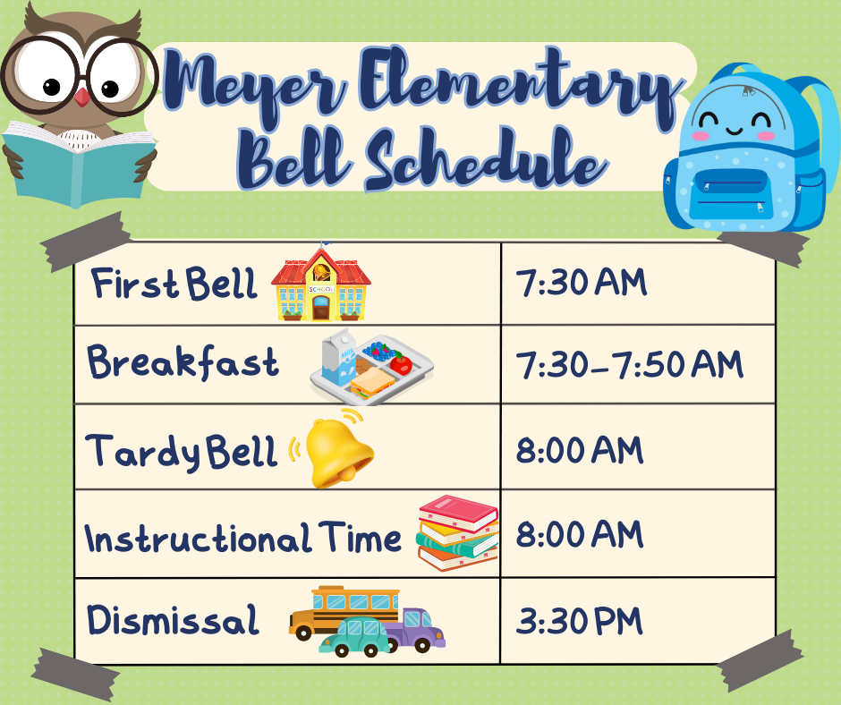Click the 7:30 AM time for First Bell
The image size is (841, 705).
(582, 283)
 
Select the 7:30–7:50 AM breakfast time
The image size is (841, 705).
(630, 365)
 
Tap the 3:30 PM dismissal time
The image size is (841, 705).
(579, 621)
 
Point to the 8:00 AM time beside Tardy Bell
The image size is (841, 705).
(579, 450)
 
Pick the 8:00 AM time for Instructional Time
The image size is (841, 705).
(579, 534)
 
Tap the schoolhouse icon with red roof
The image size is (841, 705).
(320, 283)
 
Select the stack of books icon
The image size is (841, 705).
(457, 532)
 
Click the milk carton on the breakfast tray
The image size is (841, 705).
(339, 357)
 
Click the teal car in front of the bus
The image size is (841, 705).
(355, 637)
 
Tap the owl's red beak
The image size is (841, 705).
(81, 98)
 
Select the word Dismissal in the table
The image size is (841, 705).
(173, 620)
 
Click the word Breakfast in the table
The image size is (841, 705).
(183, 362)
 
